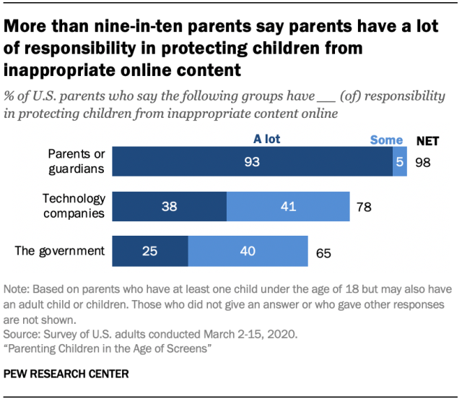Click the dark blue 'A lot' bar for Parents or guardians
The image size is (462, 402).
click(x=252, y=163)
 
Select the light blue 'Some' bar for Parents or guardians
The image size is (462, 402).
click(x=399, y=163)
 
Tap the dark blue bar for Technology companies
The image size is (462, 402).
click(x=170, y=208)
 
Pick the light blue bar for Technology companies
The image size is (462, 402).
click(x=288, y=208)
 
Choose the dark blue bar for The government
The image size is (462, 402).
click(x=150, y=252)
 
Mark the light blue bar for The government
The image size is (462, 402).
click(x=248, y=252)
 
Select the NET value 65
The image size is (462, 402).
click(x=323, y=253)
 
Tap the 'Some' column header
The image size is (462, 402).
click(x=386, y=140)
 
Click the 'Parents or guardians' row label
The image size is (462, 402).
click(x=76, y=162)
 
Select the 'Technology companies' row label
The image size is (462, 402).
click(x=74, y=206)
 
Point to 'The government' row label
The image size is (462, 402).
click(x=60, y=252)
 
